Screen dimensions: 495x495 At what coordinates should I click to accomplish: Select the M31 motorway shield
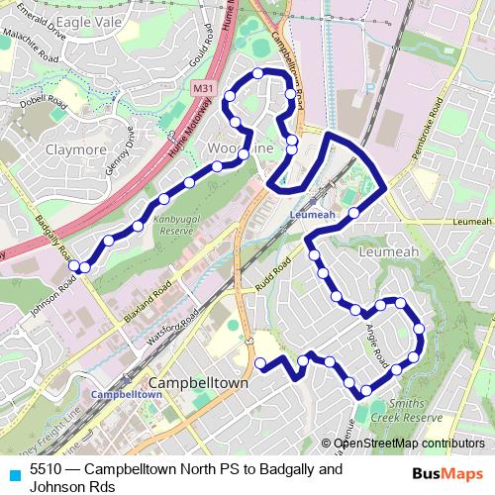coord(202,88)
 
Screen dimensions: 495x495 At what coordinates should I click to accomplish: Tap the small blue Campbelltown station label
coord(126,394)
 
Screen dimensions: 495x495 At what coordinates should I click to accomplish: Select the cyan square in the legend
coord(14,474)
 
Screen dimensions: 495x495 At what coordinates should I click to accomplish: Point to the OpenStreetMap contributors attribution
coord(408,444)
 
